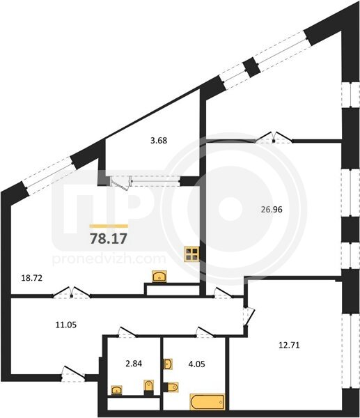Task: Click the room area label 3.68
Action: pyautogui.click(x=159, y=141)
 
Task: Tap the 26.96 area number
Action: pyautogui.click(x=272, y=210)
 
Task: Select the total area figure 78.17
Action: pyautogui.click(x=109, y=238)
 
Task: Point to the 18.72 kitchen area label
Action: pyautogui.click(x=32, y=278)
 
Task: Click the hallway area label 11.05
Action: pyautogui.click(x=66, y=325)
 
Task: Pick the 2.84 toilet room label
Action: pyautogui.click(x=134, y=364)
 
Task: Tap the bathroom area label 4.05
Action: pyautogui.click(x=196, y=364)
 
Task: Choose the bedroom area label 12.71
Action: pyautogui.click(x=289, y=346)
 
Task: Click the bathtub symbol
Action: pyautogui.click(x=208, y=402)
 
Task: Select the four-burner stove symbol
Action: pyautogui.click(x=192, y=254)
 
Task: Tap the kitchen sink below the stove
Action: pyautogui.click(x=159, y=276)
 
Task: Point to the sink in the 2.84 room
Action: pyautogui.click(x=116, y=390)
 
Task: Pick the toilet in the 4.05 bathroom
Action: pyautogui.click(x=171, y=387)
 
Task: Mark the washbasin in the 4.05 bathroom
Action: pyautogui.click(x=168, y=364)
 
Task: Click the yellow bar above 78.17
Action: pyautogui.click(x=109, y=226)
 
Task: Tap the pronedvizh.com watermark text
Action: pyautogui.click(x=109, y=259)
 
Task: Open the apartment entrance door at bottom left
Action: pyautogui.click(x=73, y=373)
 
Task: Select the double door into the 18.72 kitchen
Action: pyautogui.click(x=72, y=292)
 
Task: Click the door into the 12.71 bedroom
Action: pyautogui.click(x=249, y=316)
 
